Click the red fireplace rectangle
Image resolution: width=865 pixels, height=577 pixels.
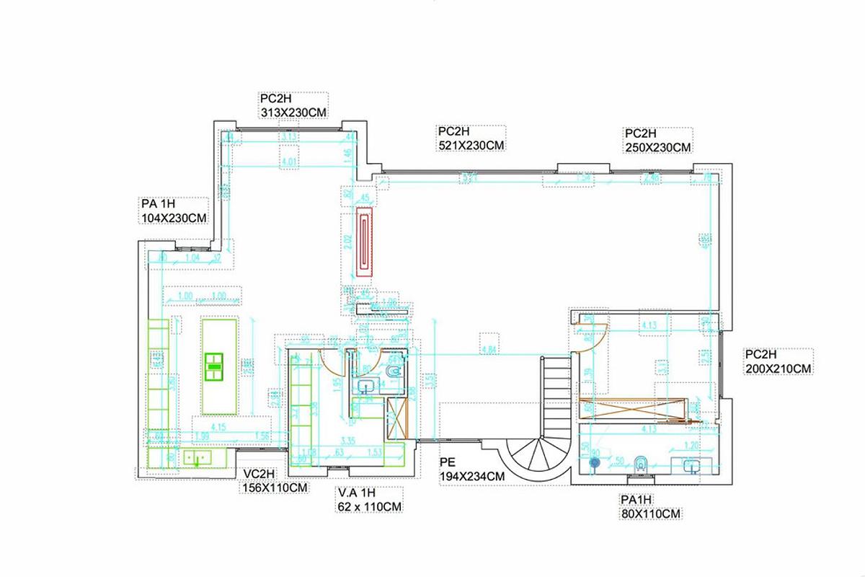coord(365,242)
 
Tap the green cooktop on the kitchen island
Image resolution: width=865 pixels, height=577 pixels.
coord(214,366)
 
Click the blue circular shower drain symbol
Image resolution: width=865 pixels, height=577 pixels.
coord(595,462)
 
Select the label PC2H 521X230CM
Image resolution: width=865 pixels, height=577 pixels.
coord(471,138)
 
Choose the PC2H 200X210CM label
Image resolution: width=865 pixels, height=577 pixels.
coord(778,361)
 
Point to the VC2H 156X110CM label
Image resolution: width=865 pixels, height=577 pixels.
coord(275,480)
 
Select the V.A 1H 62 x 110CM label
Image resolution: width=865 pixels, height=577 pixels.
coord(368,500)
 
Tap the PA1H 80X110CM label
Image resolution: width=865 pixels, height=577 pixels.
coord(650,507)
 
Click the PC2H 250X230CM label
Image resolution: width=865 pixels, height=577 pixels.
coord(657,141)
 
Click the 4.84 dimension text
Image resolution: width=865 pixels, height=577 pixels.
coord(489,351)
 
